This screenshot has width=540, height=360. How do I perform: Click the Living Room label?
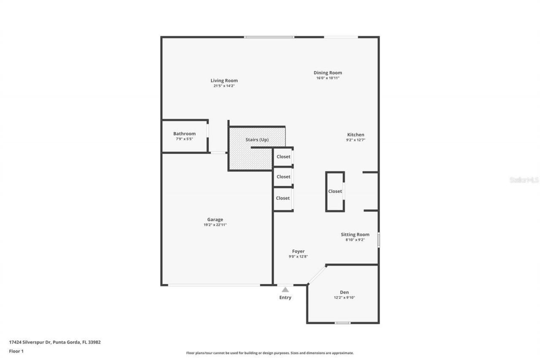pos(224,81)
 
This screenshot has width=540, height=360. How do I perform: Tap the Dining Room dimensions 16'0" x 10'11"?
pos(328,78)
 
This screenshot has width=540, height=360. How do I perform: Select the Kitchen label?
pos(355,135)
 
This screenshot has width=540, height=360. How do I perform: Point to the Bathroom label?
pos(184,134)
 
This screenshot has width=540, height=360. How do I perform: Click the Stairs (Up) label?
pos(257,140)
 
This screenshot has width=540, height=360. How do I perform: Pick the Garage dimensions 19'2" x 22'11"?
pos(215,225)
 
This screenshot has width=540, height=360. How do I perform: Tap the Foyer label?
pos(298,252)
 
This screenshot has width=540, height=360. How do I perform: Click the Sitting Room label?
pos(355,235)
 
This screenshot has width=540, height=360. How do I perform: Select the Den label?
pos(344,292)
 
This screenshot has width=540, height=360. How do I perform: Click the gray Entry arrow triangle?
pos(285,290)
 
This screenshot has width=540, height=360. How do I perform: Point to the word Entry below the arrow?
pos(285,298)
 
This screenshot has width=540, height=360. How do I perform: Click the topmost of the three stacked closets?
pos(283,157)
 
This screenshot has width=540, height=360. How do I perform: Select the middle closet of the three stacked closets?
pos(283,177)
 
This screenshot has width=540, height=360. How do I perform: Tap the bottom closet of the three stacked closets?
pos(283,198)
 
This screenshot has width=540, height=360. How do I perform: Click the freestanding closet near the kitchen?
pos(335,191)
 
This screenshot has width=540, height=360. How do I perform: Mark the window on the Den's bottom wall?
pos(342,323)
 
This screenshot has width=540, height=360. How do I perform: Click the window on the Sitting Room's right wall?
pos(378,239)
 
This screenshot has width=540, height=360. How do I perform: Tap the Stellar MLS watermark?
pos(524,180)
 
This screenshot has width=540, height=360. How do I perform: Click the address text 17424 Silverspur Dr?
pos(30,342)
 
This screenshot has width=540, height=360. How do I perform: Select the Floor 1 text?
pos(16,351)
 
